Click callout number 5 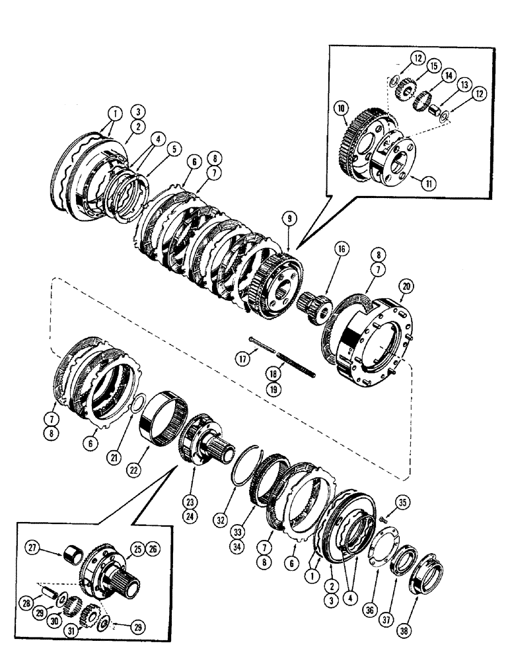pyautogui.click(x=174, y=150)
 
